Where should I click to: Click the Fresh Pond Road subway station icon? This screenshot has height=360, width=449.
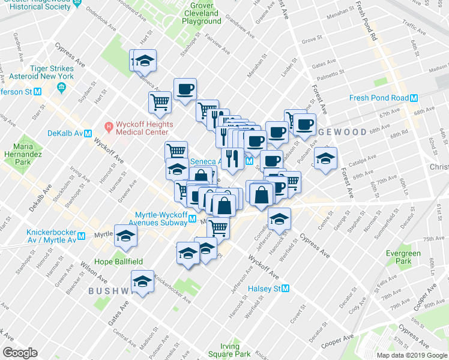414,98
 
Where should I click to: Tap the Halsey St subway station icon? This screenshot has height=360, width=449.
286,289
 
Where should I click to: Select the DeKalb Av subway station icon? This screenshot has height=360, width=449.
88,134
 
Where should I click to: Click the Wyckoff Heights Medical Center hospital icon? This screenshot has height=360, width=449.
109,127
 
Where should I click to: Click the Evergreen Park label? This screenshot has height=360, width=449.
403,257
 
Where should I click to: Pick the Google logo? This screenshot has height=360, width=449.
20,353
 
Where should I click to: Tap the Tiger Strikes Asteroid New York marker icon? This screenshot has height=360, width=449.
61,88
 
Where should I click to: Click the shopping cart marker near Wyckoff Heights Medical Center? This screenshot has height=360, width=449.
160,102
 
